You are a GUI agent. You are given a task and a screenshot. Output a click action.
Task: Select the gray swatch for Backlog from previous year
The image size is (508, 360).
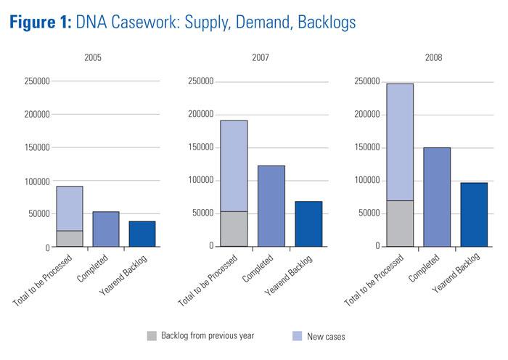(x=152, y=335)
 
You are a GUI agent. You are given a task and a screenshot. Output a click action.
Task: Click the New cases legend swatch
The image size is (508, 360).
(x=298, y=335)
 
